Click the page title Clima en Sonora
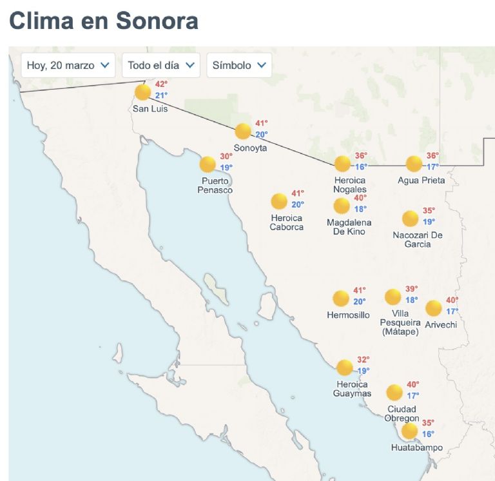click(x=104, y=21)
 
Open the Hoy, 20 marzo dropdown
click(x=68, y=65)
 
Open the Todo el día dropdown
click(x=160, y=65)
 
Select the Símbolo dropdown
click(x=239, y=65)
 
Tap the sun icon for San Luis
click(x=142, y=92)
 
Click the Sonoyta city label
click(x=250, y=148)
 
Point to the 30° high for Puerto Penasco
click(x=226, y=157)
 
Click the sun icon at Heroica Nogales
click(x=342, y=164)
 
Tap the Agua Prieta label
click(x=422, y=181)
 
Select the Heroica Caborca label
click(x=287, y=222)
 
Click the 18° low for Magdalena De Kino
click(x=360, y=209)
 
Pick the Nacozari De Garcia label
click(x=418, y=239)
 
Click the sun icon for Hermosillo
click(x=341, y=299)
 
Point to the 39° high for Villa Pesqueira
click(x=412, y=289)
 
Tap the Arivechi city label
click(x=441, y=324)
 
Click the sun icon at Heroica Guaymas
click(x=345, y=368)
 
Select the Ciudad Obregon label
click(x=402, y=414)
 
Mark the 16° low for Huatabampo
click(x=428, y=434)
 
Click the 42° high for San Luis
click(x=161, y=84)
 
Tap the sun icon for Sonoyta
click(x=243, y=132)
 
